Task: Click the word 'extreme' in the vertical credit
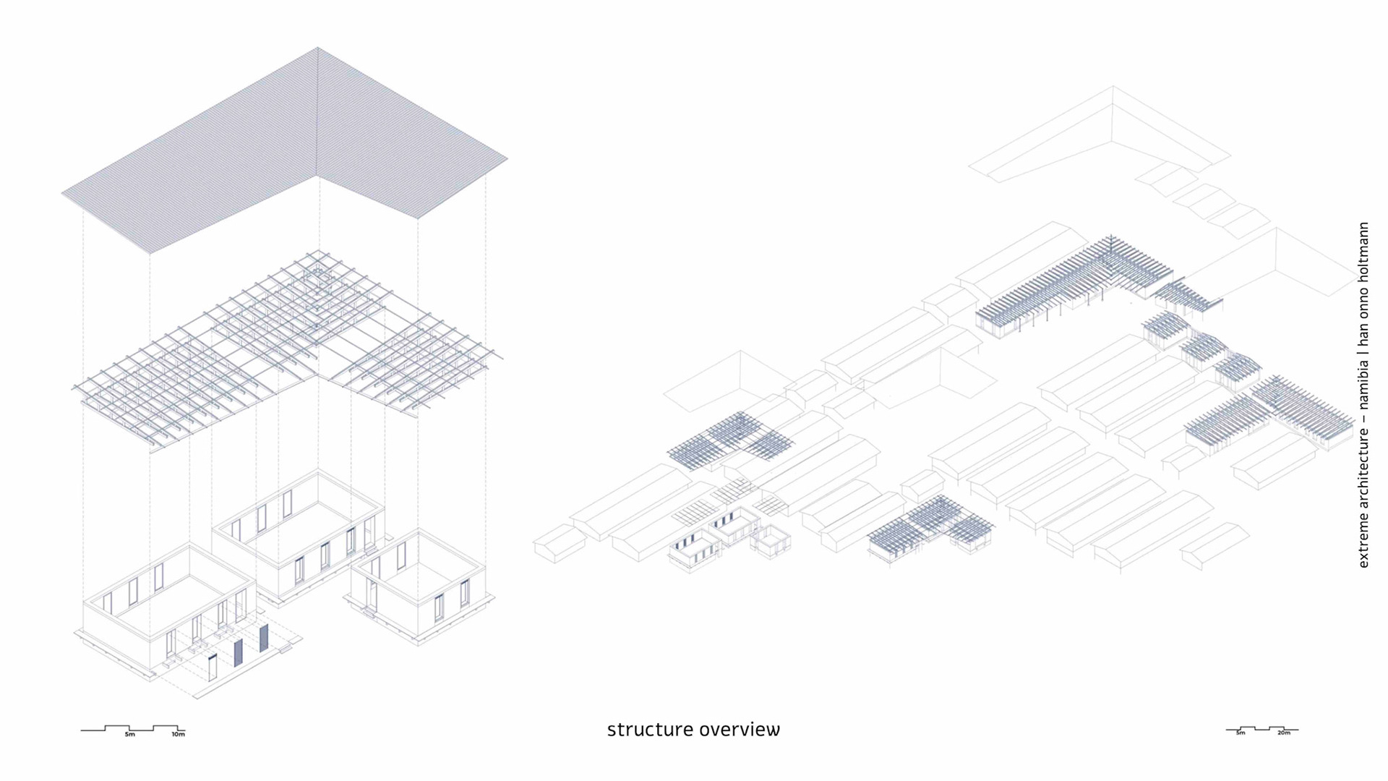[1363, 542]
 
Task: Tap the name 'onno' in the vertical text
[1363, 302]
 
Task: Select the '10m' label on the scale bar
[178, 735]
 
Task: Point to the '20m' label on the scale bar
[1284, 733]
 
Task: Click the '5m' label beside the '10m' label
[130, 735]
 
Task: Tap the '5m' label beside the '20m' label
[1241, 733]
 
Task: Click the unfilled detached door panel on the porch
[213, 667]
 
